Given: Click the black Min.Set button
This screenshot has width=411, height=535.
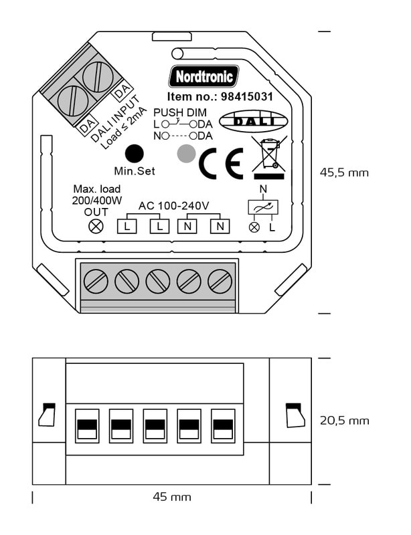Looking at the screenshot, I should click(x=135, y=153).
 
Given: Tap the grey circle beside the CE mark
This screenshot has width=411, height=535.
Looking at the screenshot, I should click(x=185, y=154).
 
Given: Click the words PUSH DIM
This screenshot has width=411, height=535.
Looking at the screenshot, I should click(x=180, y=112).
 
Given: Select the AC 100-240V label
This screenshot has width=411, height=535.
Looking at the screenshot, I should click(x=174, y=205).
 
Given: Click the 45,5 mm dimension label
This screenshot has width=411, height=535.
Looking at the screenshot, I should click(x=344, y=173).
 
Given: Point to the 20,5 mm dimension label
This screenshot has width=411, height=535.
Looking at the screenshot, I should click(x=344, y=421).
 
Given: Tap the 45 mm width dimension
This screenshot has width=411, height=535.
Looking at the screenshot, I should click(x=172, y=497).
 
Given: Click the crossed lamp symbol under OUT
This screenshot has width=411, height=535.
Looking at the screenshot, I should click(x=96, y=226).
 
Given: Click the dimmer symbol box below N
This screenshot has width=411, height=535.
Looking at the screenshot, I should click(x=262, y=208).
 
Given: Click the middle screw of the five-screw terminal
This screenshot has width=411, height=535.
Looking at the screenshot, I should click(x=158, y=282).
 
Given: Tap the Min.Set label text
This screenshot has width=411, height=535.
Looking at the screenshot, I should click(x=135, y=171).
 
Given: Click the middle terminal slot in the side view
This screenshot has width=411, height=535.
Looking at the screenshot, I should click(x=155, y=425).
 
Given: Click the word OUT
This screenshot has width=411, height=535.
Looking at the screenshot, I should click(x=96, y=211).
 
